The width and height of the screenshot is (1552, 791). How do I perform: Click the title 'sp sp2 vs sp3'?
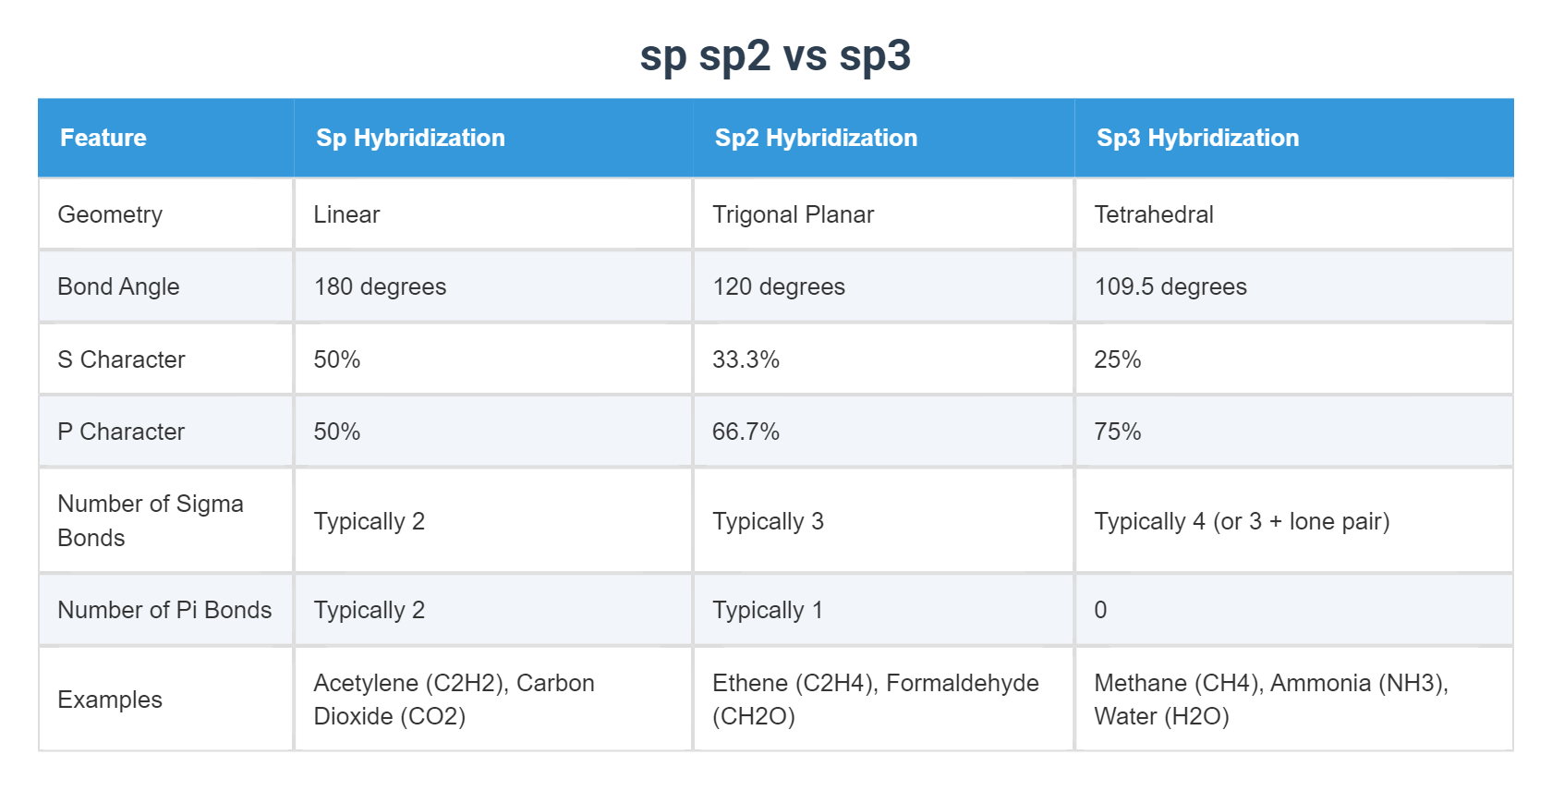pos(775,55)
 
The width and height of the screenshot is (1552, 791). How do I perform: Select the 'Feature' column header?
pos(103,138)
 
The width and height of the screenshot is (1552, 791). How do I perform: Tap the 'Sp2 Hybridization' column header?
pos(816,138)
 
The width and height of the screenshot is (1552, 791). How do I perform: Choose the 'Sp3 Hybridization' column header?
pos(1197,138)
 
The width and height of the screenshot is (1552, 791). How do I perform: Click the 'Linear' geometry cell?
pos(346,214)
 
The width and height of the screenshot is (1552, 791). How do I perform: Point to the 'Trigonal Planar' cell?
pos(793,214)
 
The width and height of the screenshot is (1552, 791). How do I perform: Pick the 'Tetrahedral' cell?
pos(1154,214)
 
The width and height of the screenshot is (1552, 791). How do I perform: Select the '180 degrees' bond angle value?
pos(380,286)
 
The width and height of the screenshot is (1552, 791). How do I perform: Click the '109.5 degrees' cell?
pos(1170,286)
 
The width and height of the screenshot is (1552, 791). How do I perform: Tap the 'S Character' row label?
pos(121,359)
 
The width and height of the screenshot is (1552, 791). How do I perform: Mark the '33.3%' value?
pos(746,359)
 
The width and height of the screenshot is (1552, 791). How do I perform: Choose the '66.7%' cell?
pos(746,432)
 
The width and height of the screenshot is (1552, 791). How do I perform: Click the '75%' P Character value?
pos(1118,432)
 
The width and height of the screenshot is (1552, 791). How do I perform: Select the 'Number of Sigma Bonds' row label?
pos(150,520)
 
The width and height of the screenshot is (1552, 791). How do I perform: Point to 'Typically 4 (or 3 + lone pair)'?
pos(1242,521)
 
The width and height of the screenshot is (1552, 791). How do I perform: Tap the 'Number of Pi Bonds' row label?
pos(164,610)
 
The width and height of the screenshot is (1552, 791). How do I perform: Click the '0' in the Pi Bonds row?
pos(1100,610)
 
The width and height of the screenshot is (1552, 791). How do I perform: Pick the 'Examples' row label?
pos(110,700)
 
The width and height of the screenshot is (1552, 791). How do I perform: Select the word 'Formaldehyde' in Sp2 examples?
pos(962,683)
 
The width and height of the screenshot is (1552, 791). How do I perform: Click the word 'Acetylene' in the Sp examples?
pos(365,683)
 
